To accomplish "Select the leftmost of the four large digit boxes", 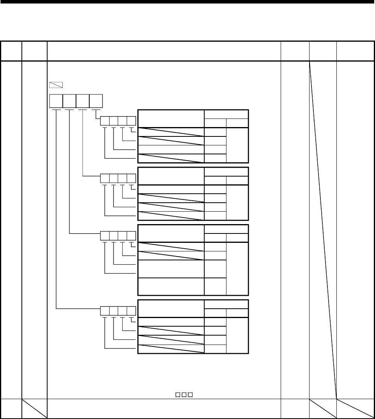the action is click(x=56, y=101).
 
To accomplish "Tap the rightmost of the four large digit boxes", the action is click(x=96, y=101).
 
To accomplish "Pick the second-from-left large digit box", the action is click(x=69, y=101).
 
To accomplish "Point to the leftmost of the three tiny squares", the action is click(x=177, y=396).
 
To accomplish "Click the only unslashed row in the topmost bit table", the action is click(x=171, y=149).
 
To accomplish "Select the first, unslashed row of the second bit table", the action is click(x=171, y=189).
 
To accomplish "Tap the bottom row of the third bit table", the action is click(x=171, y=286).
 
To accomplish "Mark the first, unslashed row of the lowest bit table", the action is click(x=171, y=322).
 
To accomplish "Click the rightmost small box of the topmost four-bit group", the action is click(x=131, y=121).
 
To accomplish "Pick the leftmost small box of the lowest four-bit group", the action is click(x=105, y=311).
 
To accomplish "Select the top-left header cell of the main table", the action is click(x=11, y=51).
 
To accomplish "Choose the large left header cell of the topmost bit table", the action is click(x=171, y=118).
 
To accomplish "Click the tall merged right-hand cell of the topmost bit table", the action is click(x=237, y=145).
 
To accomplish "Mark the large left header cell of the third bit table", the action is click(x=171, y=233).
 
